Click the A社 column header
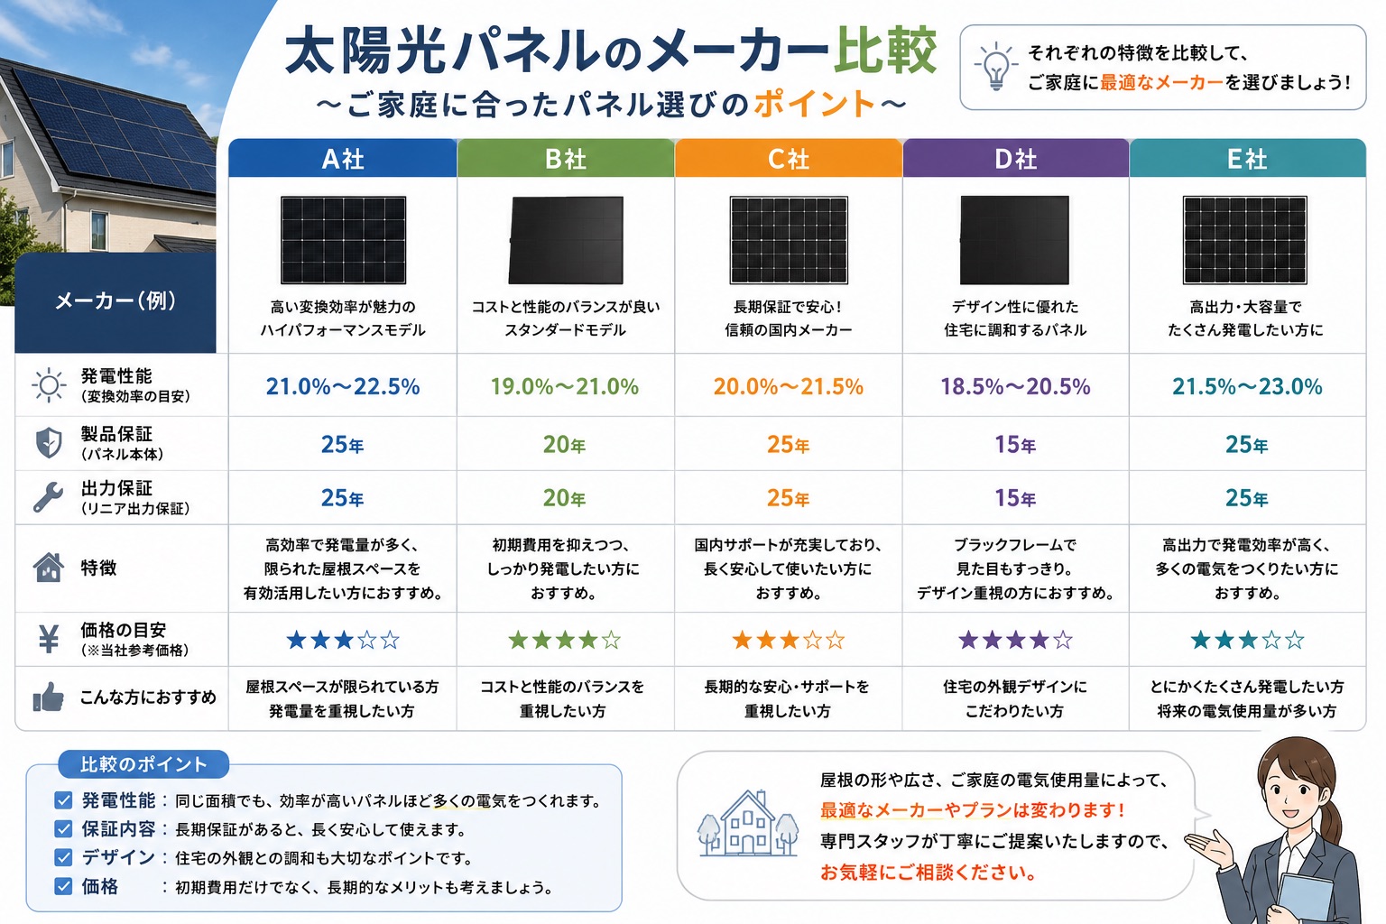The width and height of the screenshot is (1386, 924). click(x=342, y=159)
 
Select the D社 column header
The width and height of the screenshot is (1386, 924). click(x=1015, y=159)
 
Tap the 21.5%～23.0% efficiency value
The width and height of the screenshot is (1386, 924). click(x=1247, y=387)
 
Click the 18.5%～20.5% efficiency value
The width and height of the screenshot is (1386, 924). click(x=1015, y=387)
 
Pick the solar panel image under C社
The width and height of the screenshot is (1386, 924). click(x=789, y=240)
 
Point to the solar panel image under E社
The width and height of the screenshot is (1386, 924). click(x=1245, y=240)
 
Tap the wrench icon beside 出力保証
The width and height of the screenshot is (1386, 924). click(x=48, y=497)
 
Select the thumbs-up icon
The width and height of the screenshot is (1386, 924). click(x=48, y=698)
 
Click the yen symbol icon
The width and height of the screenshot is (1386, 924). click(x=48, y=640)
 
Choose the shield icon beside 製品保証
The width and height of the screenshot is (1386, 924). click(x=49, y=442)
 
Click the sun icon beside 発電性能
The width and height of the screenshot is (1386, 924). click(x=48, y=385)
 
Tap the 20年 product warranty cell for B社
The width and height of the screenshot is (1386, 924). click(x=564, y=444)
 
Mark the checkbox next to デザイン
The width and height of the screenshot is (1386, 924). click(x=63, y=858)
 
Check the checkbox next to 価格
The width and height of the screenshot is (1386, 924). click(x=63, y=887)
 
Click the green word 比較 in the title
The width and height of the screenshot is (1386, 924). click(x=885, y=51)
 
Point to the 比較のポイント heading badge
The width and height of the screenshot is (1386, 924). click(x=143, y=764)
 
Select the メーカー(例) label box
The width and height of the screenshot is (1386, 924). click(x=115, y=302)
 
